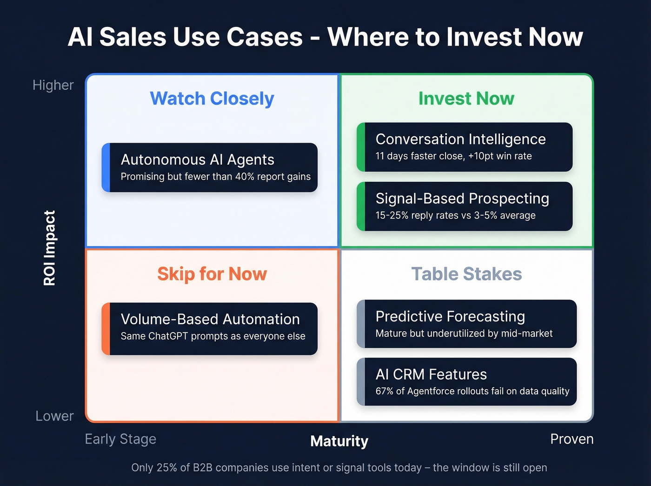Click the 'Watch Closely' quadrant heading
(x=212, y=99)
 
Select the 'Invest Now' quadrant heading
(x=466, y=99)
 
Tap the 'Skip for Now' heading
(x=212, y=274)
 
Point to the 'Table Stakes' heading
(x=466, y=274)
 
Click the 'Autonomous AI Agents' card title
(x=197, y=160)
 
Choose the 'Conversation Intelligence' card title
(x=460, y=139)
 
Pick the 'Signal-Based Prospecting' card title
(x=462, y=199)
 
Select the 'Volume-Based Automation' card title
(x=210, y=319)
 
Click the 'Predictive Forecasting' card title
(x=450, y=316)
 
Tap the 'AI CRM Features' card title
(x=431, y=374)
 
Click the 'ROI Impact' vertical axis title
(x=49, y=248)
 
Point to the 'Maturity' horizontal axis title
(x=339, y=441)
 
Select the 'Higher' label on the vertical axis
(x=53, y=85)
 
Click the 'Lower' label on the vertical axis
(x=54, y=416)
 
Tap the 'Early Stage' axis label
(x=120, y=439)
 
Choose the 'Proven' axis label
(x=571, y=439)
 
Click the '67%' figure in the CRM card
(x=385, y=391)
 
